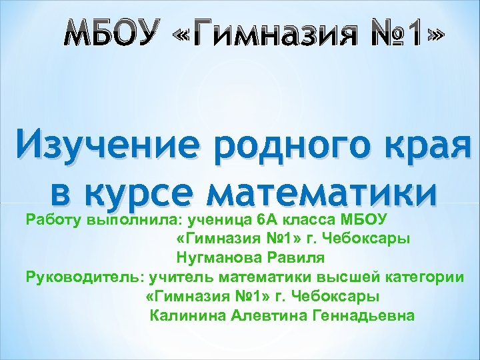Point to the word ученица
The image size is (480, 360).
click(x=216, y=218)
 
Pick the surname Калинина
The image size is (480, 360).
click(x=187, y=315)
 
